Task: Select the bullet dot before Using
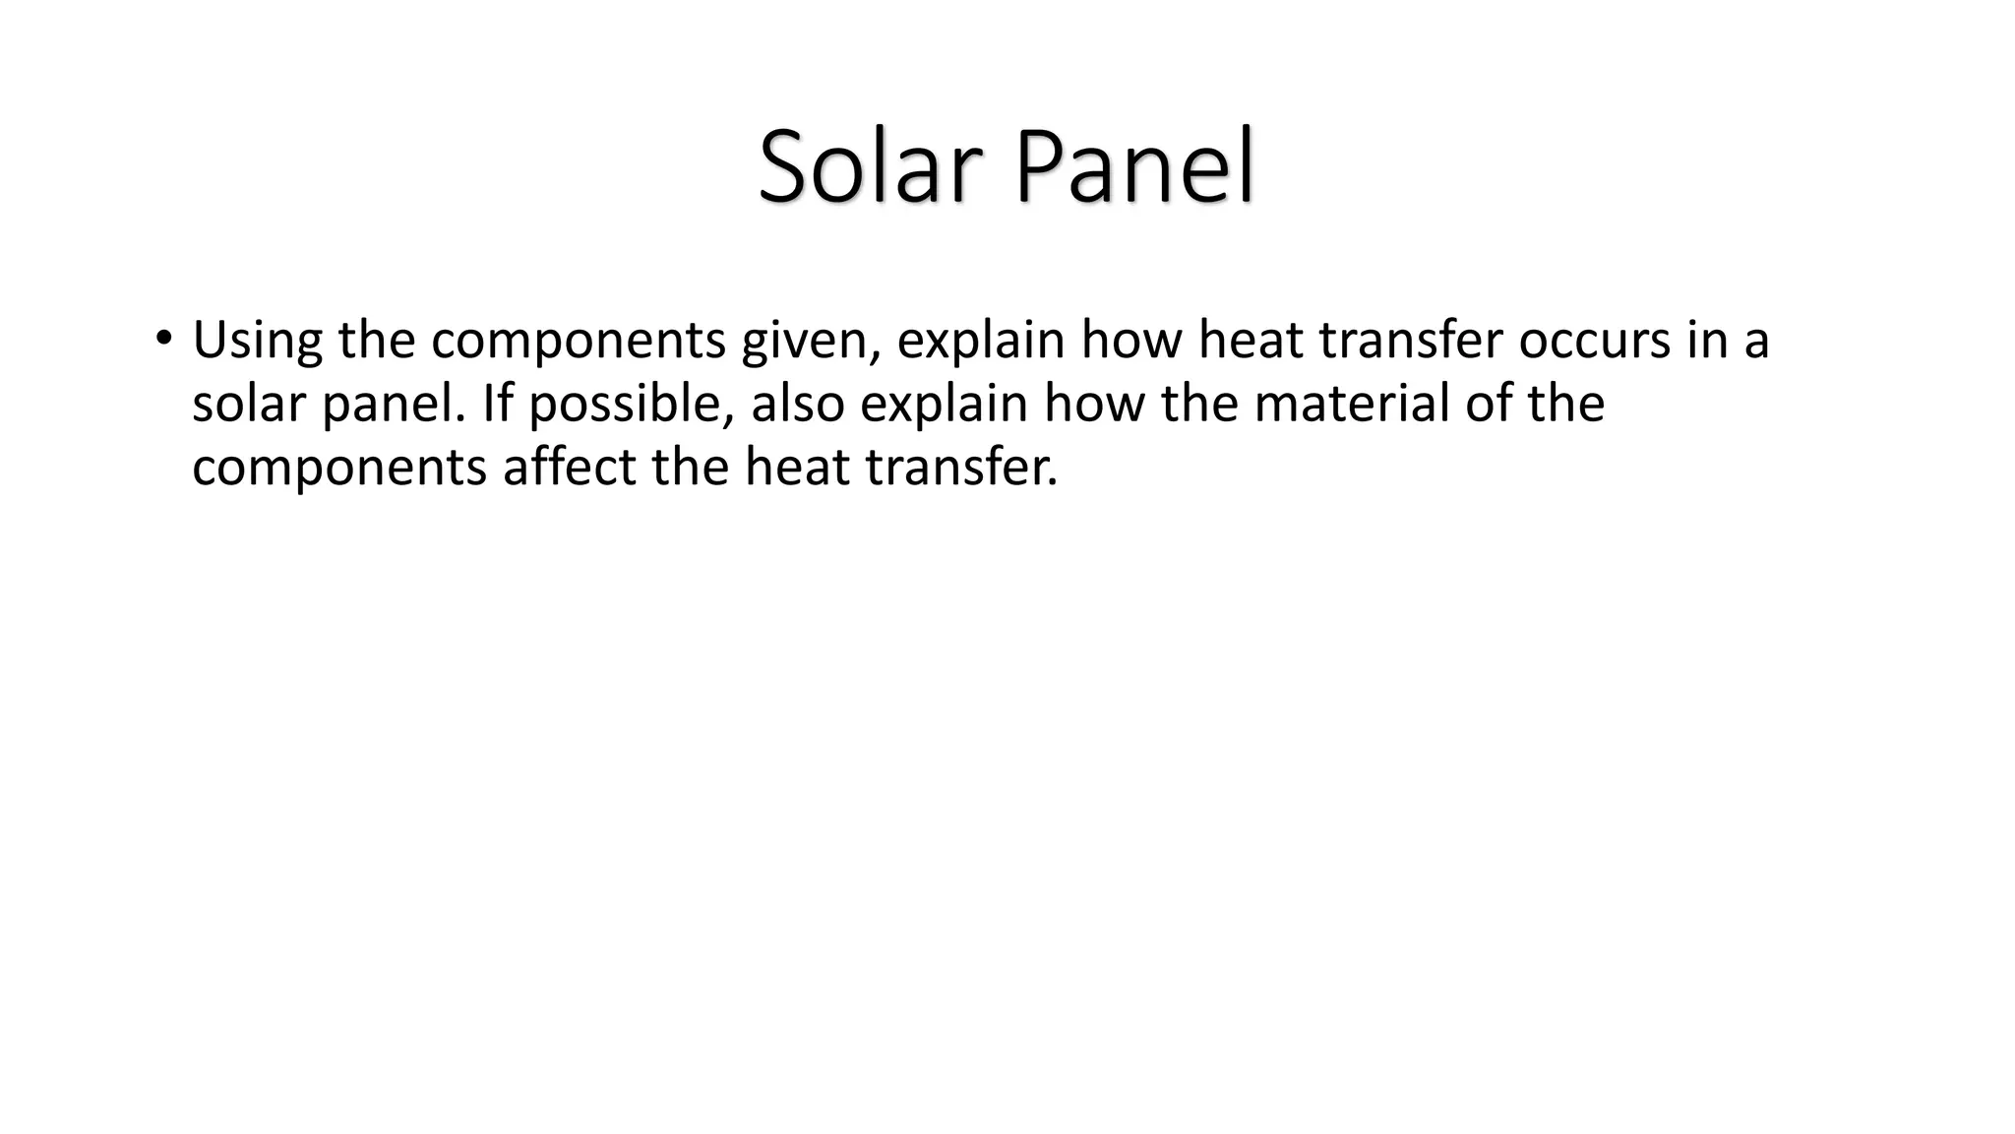pyautogui.click(x=163, y=340)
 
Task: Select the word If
pyautogui.click(x=498, y=404)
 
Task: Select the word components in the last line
pyautogui.click(x=339, y=467)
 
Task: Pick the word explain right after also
pyautogui.click(x=944, y=404)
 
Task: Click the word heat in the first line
pyautogui.click(x=1251, y=341)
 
